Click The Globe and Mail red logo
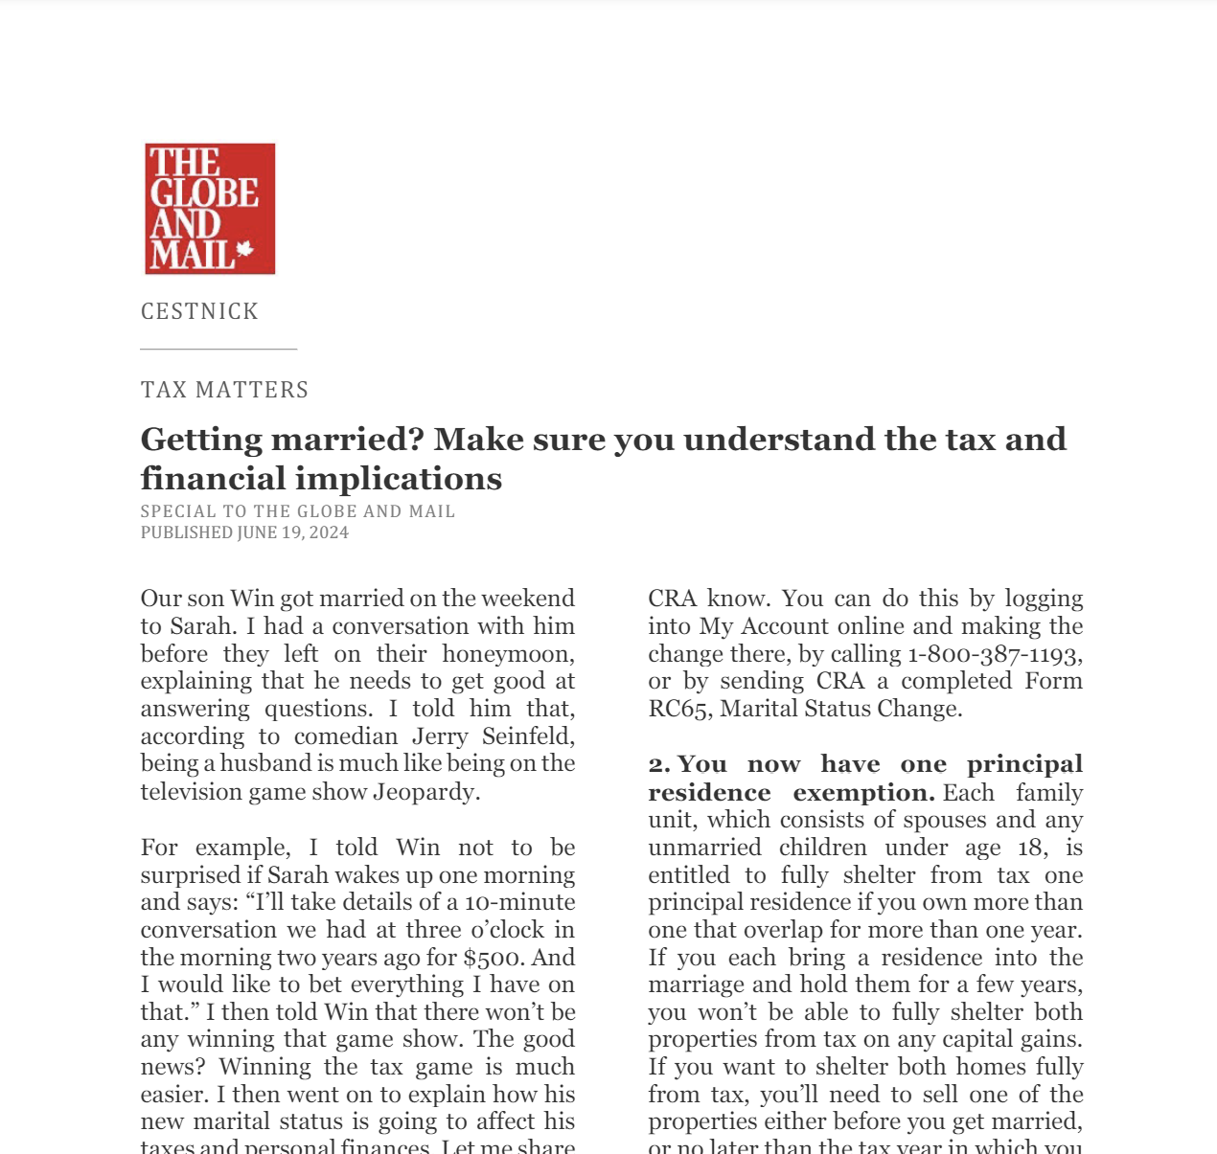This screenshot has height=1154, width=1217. [210, 209]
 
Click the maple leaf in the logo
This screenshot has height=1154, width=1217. [244, 251]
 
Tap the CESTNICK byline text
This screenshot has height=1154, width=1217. [199, 311]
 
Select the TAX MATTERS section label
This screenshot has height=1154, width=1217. [224, 390]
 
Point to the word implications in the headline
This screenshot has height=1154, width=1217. [416, 479]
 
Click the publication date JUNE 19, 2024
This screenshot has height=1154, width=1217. [293, 532]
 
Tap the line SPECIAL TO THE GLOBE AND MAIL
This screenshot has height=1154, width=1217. [298, 511]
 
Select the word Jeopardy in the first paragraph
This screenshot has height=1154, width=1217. [425, 792]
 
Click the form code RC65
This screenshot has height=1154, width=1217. [677, 709]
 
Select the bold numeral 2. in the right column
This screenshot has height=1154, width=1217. [659, 765]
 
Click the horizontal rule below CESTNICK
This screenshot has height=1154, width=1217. [218, 350]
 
